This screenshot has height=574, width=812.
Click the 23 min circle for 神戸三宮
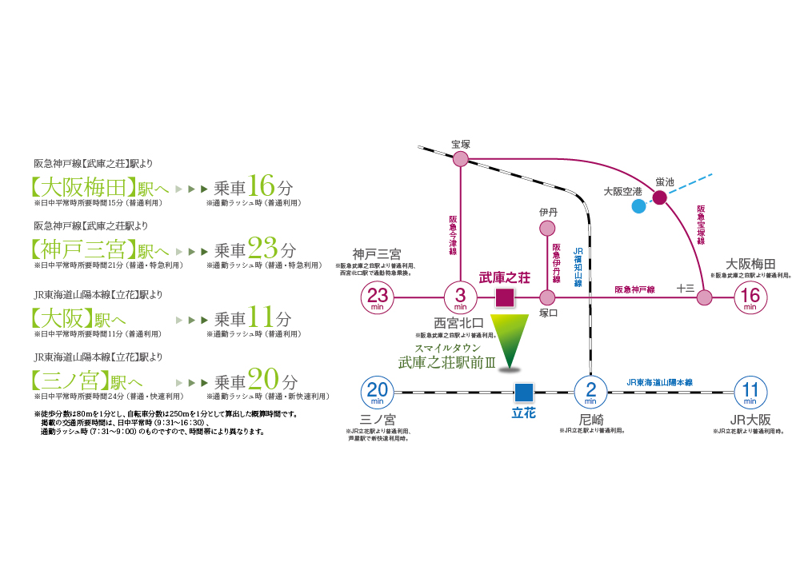tap(378, 298)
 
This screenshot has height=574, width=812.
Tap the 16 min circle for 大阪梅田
tap(750, 298)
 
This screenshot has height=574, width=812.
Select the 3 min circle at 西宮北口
tap(461, 298)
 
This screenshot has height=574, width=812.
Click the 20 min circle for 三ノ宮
tap(378, 392)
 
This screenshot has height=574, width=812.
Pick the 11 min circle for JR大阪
tap(750, 392)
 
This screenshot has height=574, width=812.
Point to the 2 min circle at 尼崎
tap(590, 392)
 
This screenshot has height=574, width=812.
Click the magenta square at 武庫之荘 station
tap(504, 298)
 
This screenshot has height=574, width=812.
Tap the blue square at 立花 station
tap(523, 392)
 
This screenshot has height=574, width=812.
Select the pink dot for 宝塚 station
tap(461, 159)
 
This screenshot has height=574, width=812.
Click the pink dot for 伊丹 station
tap(548, 229)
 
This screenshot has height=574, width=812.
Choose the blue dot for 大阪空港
tap(638, 206)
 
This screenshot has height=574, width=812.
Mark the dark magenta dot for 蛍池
tap(660, 197)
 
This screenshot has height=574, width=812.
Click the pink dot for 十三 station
tap(704, 298)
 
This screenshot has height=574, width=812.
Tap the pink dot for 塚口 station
tap(548, 298)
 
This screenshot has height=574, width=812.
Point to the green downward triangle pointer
tap(510, 340)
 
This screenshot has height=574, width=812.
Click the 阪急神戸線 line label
tap(634, 289)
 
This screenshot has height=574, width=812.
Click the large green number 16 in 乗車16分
tap(262, 186)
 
